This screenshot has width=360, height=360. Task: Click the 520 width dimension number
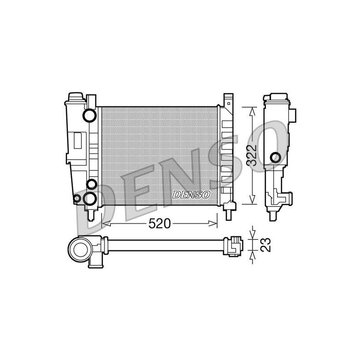point(160,223)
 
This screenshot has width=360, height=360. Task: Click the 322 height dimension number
point(252,155)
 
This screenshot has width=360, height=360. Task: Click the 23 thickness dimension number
point(266,245)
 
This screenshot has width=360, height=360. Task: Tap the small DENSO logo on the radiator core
point(191,195)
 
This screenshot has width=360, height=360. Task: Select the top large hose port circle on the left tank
point(90,116)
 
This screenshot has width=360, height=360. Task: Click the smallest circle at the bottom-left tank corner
point(76,198)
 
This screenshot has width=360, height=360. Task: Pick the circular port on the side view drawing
point(275,157)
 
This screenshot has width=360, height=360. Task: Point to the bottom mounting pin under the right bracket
point(229,215)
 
